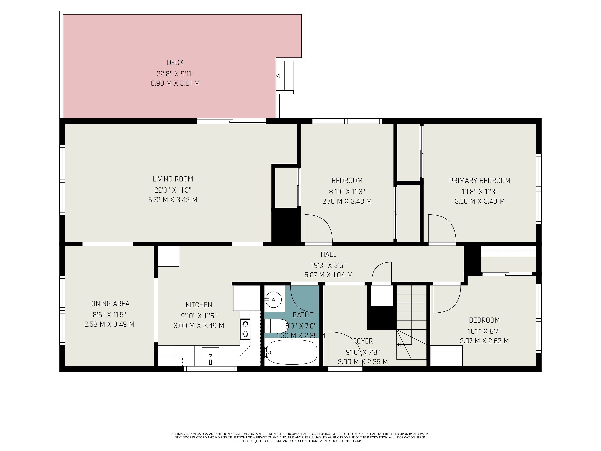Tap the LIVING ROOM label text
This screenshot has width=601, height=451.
click(173, 179)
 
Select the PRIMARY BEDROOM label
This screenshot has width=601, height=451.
click(480, 181)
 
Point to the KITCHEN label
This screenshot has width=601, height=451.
click(199, 305)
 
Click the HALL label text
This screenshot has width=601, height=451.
click(329, 254)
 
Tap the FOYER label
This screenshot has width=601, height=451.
click(363, 341)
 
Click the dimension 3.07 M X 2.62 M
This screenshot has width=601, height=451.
click(484, 341)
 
